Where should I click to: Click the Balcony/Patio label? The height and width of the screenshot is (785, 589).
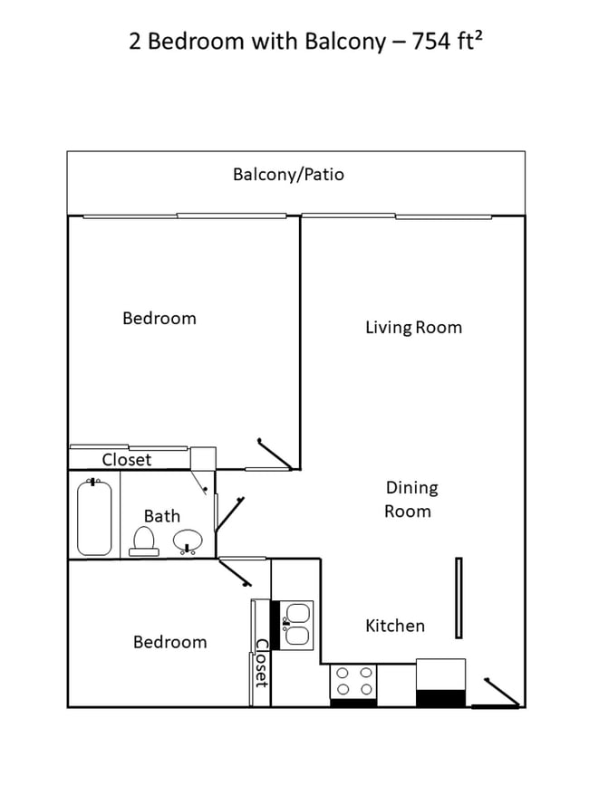pyautogui.click(x=288, y=174)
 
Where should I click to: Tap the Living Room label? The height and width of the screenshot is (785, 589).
pyautogui.click(x=413, y=327)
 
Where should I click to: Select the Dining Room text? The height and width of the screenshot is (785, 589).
pyautogui.click(x=411, y=499)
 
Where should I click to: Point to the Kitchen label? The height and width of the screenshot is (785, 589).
pyautogui.click(x=395, y=626)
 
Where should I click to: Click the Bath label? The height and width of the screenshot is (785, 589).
pyautogui.click(x=162, y=516)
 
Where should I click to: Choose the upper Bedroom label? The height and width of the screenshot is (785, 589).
pyautogui.click(x=159, y=318)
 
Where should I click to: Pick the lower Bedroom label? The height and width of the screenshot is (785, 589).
pyautogui.click(x=169, y=642)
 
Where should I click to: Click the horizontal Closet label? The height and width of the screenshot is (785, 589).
pyautogui.click(x=127, y=460)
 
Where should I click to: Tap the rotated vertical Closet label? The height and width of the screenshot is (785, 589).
pyautogui.click(x=261, y=664)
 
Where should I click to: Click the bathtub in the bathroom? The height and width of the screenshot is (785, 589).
pyautogui.click(x=94, y=517)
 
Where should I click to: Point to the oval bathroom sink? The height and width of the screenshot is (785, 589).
pyautogui.click(x=188, y=541)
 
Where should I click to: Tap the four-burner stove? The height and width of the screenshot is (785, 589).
pyautogui.click(x=353, y=684)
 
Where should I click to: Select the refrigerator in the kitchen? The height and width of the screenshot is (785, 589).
pyautogui.click(x=440, y=683)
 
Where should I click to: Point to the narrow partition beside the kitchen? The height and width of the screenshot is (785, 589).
pyautogui.click(x=459, y=597)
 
